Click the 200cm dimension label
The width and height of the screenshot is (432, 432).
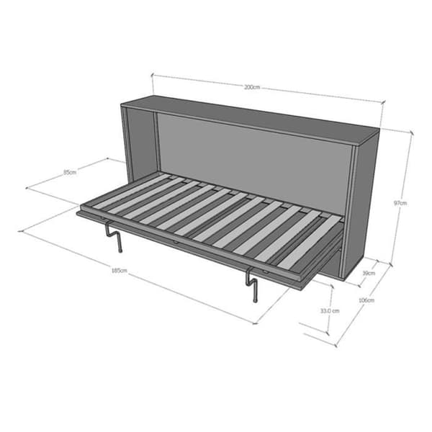tap(252, 87)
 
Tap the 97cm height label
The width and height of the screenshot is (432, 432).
tap(400, 203)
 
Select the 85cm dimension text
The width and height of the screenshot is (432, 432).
tap(70, 173)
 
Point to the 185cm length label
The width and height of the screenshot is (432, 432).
tap(119, 271)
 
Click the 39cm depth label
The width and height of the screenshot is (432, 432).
tap(369, 274)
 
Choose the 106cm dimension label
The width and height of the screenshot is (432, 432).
tap(366, 300)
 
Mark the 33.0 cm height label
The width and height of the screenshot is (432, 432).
tap(330, 311)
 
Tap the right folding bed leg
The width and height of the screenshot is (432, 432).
tap(252, 284)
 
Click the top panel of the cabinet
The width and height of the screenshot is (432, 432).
tap(251, 120)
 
